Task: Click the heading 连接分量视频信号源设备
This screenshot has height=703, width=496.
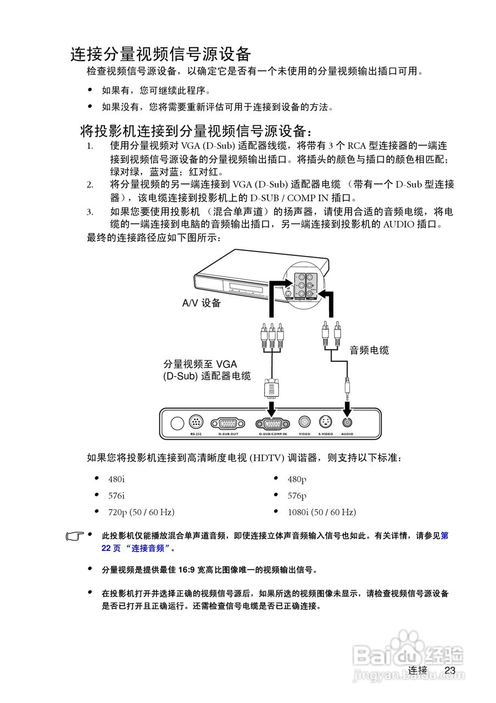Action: pos(160,54)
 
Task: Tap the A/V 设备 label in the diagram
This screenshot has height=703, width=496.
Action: pos(201,303)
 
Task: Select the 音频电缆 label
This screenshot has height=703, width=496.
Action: pos(369,350)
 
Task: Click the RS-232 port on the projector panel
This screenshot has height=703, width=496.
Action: pos(196,422)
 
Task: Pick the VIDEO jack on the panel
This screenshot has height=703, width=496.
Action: pos(304,422)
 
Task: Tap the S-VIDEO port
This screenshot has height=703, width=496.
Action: pos(326,422)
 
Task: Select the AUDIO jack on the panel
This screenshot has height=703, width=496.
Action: pos(347,422)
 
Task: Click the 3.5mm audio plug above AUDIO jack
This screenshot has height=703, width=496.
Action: pos(347,387)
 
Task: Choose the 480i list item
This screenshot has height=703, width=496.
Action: pos(116,479)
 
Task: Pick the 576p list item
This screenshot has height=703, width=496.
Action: pos(297,496)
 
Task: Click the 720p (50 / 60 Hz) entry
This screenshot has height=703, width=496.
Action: pos(141,512)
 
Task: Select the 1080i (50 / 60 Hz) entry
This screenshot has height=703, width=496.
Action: pos(322,512)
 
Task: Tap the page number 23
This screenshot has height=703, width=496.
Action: pos(450,671)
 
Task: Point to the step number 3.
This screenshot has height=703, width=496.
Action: pos(90,212)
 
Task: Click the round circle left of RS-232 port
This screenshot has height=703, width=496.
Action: pos(177,423)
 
